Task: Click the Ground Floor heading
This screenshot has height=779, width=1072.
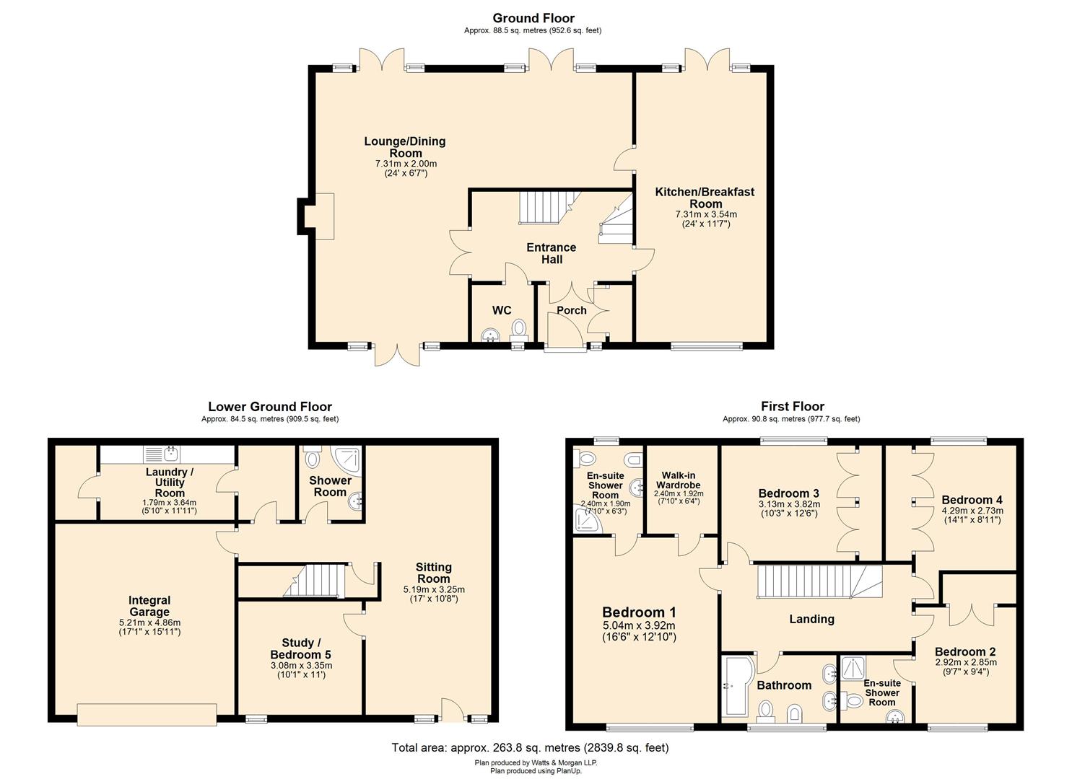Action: click(x=533, y=18)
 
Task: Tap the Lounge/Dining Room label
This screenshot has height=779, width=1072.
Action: click(x=405, y=147)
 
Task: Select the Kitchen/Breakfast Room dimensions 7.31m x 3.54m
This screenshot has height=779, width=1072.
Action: click(x=705, y=214)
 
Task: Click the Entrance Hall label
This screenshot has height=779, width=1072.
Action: click(x=552, y=253)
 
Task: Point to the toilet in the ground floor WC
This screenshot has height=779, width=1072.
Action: click(x=519, y=330)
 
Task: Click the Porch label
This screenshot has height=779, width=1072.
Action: click(x=571, y=311)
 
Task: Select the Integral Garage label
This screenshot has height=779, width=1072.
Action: click(x=149, y=606)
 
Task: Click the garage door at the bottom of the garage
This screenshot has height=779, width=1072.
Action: click(x=147, y=713)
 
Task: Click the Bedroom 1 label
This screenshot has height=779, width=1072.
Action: click(x=639, y=612)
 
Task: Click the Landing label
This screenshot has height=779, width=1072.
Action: click(x=811, y=619)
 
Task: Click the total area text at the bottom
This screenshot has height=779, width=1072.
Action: click(x=530, y=748)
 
